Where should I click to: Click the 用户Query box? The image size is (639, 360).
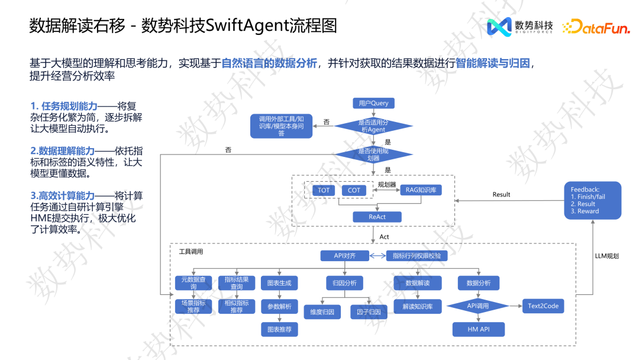pyautogui.click(x=373, y=103)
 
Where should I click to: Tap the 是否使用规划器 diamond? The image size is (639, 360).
pyautogui.click(x=373, y=155)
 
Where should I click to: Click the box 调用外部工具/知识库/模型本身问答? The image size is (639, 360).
pyautogui.click(x=281, y=126)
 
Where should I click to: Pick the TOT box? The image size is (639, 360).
pyautogui.click(x=324, y=190)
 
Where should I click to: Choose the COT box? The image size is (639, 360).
pyautogui.click(x=354, y=190)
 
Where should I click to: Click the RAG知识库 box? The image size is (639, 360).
pyautogui.click(x=421, y=190)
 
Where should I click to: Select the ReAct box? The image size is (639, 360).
pyautogui.click(x=377, y=217)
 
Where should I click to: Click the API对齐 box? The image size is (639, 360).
pyautogui.click(x=344, y=256)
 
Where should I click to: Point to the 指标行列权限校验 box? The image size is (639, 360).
pyautogui.click(x=417, y=256)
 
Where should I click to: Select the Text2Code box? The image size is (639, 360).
pyautogui.click(x=543, y=306)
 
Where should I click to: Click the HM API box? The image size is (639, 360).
pyautogui.click(x=478, y=329)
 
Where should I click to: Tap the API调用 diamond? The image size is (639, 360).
pyautogui.click(x=478, y=306)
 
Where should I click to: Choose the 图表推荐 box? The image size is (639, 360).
pyautogui.click(x=279, y=329)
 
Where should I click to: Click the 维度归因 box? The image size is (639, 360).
pyautogui.click(x=322, y=311)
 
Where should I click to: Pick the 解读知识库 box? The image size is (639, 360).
pyautogui.click(x=418, y=307)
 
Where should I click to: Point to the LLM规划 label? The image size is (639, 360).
pyautogui.click(x=606, y=256)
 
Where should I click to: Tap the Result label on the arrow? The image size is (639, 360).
pyautogui.click(x=501, y=195)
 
